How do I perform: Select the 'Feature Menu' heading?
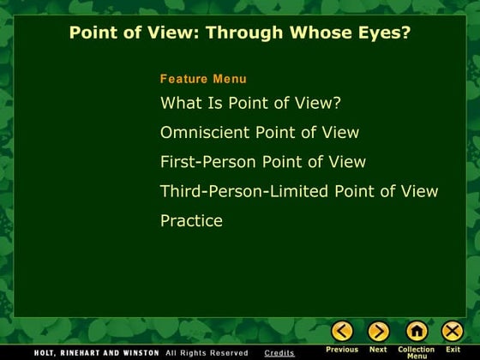tap(203, 79)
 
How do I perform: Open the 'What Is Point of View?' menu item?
tap(250, 104)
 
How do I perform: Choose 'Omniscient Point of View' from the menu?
tap(260, 133)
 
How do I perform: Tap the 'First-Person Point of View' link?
tap(263, 162)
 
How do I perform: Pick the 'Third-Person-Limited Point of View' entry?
tap(299, 191)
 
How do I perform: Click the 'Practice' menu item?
tap(191, 220)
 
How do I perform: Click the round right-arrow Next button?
tap(378, 331)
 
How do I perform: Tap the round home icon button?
tap(417, 331)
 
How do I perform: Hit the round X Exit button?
tap(453, 331)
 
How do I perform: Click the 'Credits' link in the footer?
tap(279, 353)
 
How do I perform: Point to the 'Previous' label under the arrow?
tap(342, 350)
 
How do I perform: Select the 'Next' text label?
tap(378, 350)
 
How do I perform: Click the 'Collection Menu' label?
tap(417, 352)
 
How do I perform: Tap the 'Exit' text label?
tap(453, 350)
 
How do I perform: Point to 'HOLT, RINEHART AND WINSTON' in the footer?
tap(97, 353)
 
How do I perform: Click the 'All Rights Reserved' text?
tap(207, 353)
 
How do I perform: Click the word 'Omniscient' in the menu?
tap(205, 133)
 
